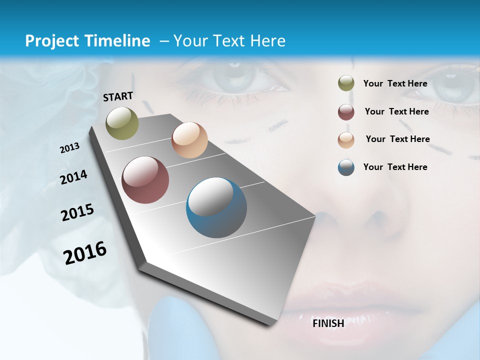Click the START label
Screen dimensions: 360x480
[118, 96]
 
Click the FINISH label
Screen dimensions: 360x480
[328, 323]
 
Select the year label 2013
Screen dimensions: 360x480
[69, 148]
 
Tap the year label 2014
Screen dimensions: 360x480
[73, 177]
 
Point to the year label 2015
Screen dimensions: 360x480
[77, 212]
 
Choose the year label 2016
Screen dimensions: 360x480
[85, 253]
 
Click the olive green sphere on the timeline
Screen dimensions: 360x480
[122, 123]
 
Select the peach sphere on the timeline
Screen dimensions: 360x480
[189, 140]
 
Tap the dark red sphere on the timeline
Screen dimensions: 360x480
[145, 180]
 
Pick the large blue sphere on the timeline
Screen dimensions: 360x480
[216, 207]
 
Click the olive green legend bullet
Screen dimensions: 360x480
[346, 83]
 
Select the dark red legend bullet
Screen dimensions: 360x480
[346, 112]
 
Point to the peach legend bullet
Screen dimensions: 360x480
[346, 139]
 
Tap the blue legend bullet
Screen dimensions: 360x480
[346, 167]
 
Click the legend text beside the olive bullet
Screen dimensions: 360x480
[395, 84]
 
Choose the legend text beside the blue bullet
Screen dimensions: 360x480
[395, 167]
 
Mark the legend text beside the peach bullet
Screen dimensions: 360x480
[397, 139]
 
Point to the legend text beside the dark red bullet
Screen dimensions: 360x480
[396, 111]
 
